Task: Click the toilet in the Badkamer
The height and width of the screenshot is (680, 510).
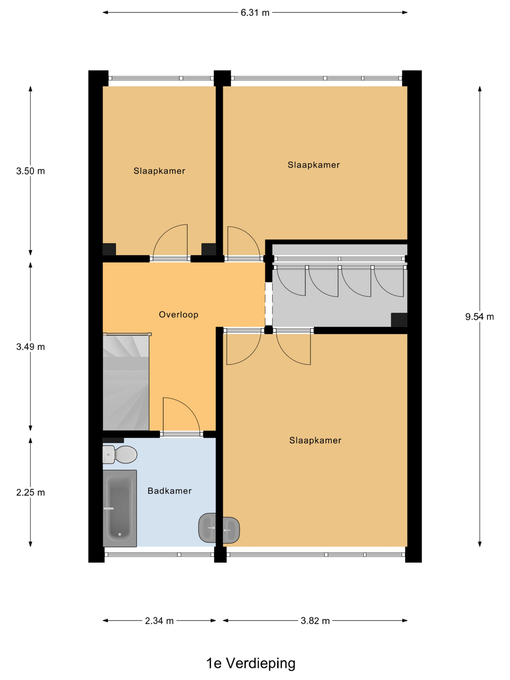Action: pyautogui.click(x=120, y=454)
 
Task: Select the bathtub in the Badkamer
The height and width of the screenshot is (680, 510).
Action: pyautogui.click(x=120, y=508)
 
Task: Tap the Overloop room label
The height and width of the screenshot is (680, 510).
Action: pyautogui.click(x=178, y=314)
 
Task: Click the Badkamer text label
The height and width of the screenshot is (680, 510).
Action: pyautogui.click(x=169, y=491)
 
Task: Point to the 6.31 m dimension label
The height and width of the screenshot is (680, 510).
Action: pyautogui.click(x=255, y=12)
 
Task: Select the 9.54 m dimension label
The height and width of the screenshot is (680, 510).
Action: pyautogui.click(x=479, y=317)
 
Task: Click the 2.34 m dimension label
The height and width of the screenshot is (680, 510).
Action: pyautogui.click(x=159, y=621)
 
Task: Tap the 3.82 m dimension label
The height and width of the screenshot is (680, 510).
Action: pyautogui.click(x=315, y=621)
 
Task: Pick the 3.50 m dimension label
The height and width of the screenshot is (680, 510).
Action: pyautogui.click(x=31, y=171)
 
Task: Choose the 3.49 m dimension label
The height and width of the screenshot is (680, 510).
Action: pyautogui.click(x=31, y=347)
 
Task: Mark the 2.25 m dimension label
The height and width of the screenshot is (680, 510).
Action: pyautogui.click(x=31, y=492)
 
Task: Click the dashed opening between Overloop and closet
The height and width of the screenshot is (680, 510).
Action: pyautogui.click(x=269, y=304)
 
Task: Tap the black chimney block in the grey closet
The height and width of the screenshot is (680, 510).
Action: pyautogui.click(x=399, y=320)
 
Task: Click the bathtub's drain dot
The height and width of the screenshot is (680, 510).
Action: pyautogui.click(x=120, y=534)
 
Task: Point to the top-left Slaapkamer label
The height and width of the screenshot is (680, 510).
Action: pyautogui.click(x=159, y=171)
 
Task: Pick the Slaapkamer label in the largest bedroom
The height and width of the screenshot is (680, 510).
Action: pyautogui.click(x=315, y=440)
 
